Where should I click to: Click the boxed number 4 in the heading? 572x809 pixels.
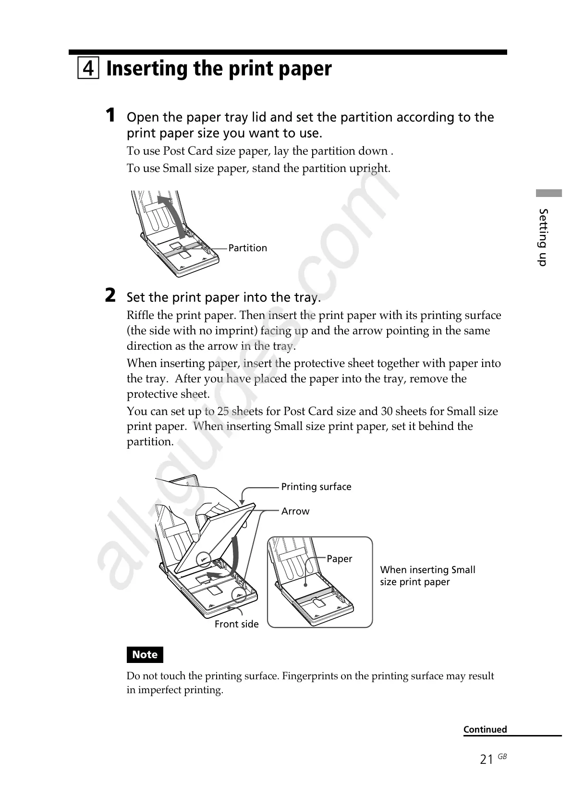click(x=88, y=68)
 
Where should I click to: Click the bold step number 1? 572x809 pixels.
click(x=110, y=115)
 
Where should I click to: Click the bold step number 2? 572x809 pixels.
click(x=110, y=295)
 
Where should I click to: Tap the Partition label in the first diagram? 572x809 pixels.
click(x=247, y=248)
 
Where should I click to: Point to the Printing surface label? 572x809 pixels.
click(x=316, y=487)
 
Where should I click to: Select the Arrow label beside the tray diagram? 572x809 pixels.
click(x=295, y=511)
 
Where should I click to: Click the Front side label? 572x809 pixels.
click(x=236, y=624)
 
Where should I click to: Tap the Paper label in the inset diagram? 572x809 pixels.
click(x=339, y=559)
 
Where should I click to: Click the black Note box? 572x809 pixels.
click(x=145, y=654)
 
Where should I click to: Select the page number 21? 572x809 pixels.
click(x=487, y=760)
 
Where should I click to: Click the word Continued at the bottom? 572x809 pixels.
click(x=485, y=729)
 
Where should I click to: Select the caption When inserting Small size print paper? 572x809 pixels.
click(x=427, y=576)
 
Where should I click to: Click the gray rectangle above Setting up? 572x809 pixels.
click(x=549, y=194)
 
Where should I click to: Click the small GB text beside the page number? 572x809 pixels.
click(x=502, y=756)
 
